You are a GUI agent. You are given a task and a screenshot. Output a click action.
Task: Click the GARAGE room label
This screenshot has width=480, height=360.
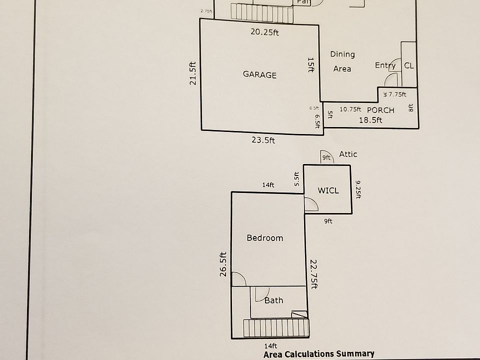[259, 75]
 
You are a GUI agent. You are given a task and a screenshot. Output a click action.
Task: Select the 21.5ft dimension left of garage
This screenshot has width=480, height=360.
[193, 73]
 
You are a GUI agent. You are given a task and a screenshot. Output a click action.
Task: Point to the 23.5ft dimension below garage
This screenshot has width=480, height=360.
[263, 140]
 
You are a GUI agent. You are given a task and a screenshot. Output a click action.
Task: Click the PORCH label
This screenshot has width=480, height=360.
[380, 110]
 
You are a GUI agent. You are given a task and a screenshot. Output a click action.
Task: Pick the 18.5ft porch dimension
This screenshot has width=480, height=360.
[370, 120]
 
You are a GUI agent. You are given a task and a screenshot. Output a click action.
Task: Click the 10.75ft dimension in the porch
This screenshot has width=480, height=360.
[350, 109]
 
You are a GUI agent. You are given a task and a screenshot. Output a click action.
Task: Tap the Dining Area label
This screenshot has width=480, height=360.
[342, 61]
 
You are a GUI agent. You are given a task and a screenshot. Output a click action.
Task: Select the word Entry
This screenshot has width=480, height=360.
[385, 65]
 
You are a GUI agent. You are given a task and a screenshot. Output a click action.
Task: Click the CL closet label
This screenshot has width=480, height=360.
[409, 65]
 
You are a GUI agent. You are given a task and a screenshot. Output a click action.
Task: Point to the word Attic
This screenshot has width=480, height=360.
[348, 154]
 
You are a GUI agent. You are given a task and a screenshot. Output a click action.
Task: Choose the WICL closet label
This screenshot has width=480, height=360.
[328, 190]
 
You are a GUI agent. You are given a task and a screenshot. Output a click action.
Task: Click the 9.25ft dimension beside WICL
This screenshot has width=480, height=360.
[358, 189]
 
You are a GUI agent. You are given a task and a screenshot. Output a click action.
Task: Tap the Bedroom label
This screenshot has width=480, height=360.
[265, 238]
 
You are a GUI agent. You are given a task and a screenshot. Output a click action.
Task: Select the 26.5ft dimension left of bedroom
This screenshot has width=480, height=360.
[223, 263]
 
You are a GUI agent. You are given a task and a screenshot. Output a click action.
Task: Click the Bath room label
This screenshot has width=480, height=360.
[273, 300]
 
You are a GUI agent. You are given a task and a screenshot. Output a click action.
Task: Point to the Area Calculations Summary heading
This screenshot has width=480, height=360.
[319, 354]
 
